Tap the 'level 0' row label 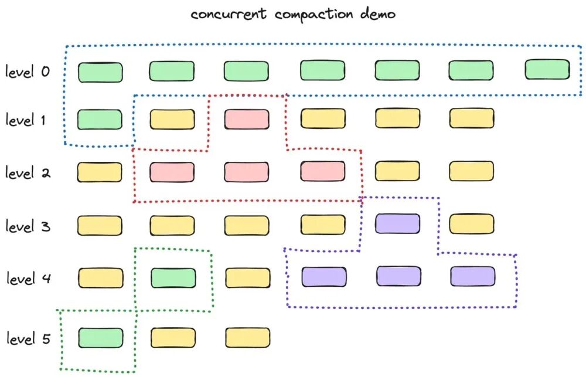point(28,73)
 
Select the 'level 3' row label point(28,226)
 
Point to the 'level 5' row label point(28,338)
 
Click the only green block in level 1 point(100,119)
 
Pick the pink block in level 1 point(247,119)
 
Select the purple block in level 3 point(397,224)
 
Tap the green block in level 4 point(173,277)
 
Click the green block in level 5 point(100,338)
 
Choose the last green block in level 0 point(547,69)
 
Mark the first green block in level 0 point(100,72)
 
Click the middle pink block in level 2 point(247,172)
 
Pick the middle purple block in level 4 point(398,276)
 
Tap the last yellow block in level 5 point(247,338)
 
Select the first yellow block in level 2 point(100,172)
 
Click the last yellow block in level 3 point(472,225)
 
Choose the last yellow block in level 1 point(472,118)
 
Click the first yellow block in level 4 point(100,278)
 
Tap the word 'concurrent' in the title point(230,15)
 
